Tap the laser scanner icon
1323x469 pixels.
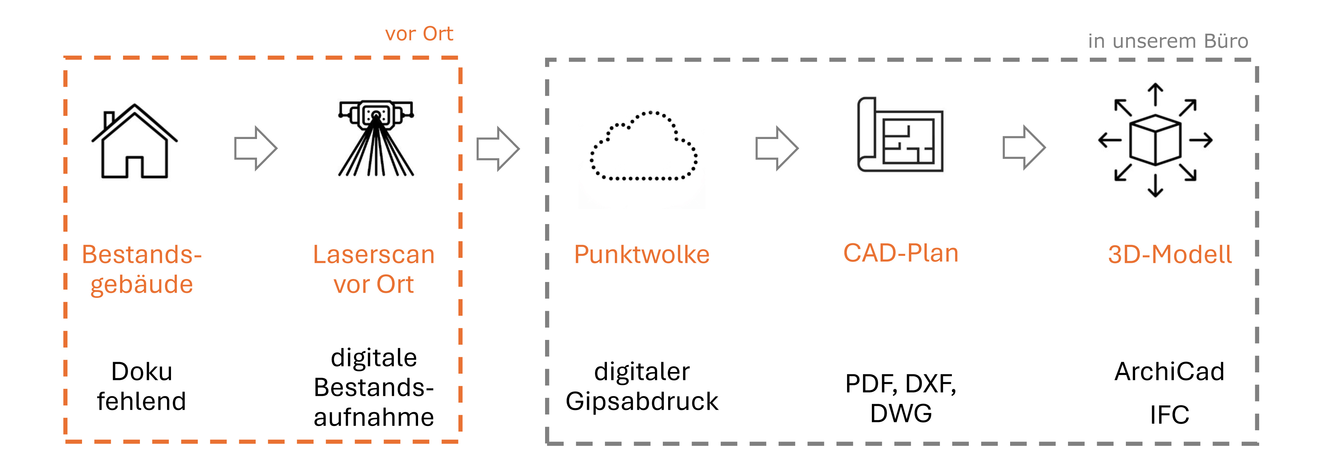point(376,138)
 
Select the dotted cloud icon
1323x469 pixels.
point(643,146)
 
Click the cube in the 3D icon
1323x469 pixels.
point(1155,140)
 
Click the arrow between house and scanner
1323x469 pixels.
point(255,149)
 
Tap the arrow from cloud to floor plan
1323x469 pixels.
point(777,149)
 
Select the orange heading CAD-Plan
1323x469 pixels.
point(901,253)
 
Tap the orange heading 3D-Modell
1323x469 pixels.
point(1170,254)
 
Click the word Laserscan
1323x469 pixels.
point(374,254)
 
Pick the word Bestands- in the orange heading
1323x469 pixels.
point(142,254)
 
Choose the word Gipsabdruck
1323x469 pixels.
point(642,401)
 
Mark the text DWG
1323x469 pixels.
point(901,413)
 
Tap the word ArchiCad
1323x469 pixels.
point(1170,371)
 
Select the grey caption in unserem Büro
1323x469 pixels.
point(1168,41)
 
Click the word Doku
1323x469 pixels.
point(142,371)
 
